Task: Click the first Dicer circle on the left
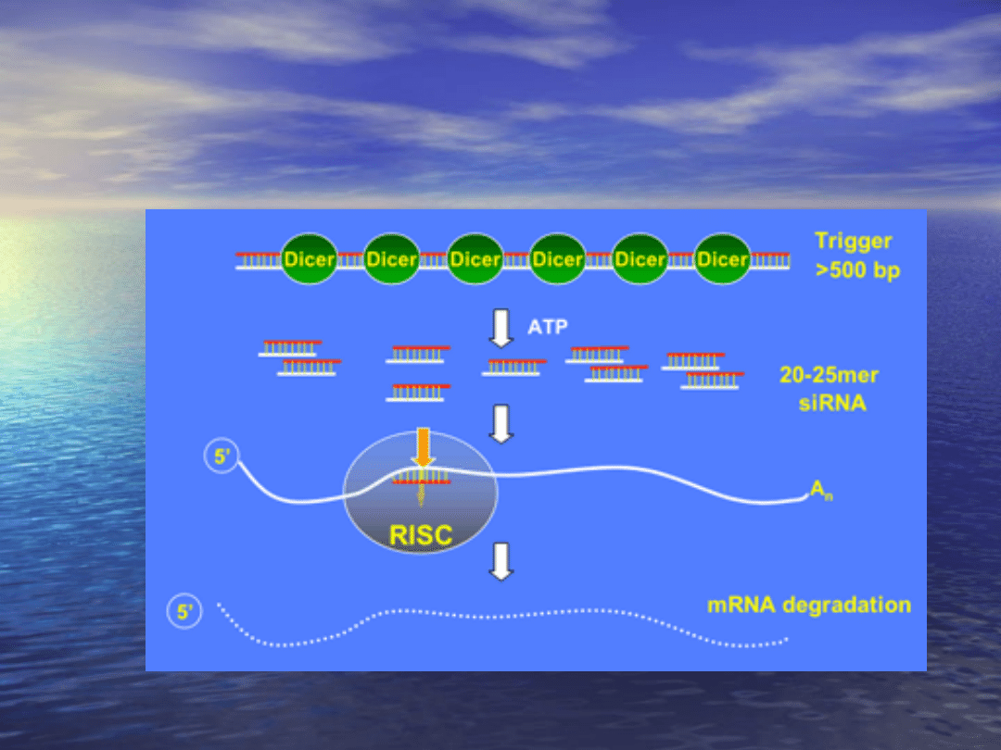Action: (310, 259)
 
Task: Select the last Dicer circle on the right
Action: (722, 259)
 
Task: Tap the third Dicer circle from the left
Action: (475, 259)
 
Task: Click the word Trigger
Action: (853, 242)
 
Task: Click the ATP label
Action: (547, 327)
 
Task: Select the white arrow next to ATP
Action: (501, 329)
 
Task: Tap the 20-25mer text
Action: (829, 376)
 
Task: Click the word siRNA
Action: (831, 404)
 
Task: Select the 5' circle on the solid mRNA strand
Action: (221, 457)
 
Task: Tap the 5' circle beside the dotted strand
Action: (184, 612)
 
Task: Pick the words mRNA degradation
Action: (809, 606)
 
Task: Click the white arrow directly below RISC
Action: (501, 562)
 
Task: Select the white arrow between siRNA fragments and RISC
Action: (501, 423)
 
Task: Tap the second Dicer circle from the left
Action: (392, 259)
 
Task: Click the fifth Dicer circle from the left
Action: (640, 259)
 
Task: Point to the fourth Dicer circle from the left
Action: (557, 259)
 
